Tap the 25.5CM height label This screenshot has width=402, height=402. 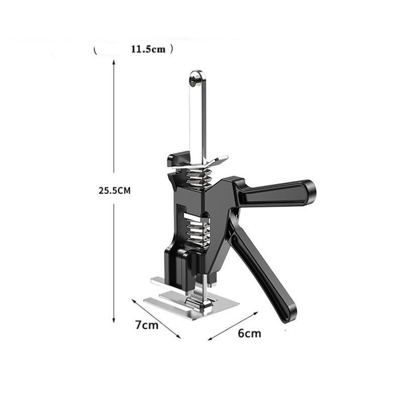coord(115,191)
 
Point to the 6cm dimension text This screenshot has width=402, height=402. coord(249,333)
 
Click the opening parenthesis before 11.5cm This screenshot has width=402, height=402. coord(95,50)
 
